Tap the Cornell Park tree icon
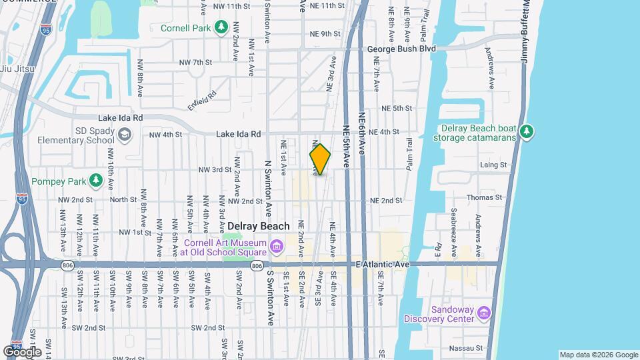(x=221, y=27)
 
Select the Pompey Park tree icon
(x=96, y=180)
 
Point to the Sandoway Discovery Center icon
(x=485, y=313)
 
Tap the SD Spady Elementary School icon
(x=124, y=135)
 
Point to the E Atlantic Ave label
(x=382, y=265)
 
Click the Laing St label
(x=493, y=165)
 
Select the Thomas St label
(x=484, y=197)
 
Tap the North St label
(x=123, y=199)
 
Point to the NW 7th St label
(x=195, y=62)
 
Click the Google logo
(x=22, y=351)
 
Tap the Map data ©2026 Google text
(x=598, y=355)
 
